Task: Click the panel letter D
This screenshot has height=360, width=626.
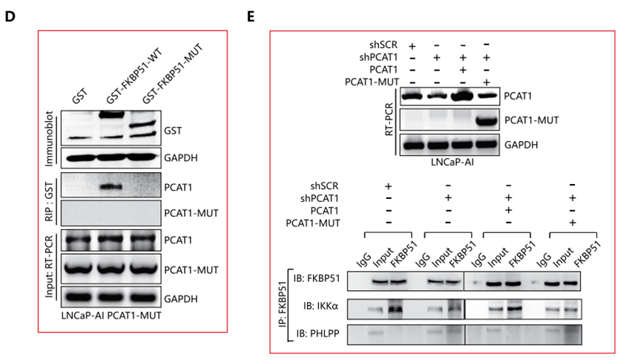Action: pos(10,16)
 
